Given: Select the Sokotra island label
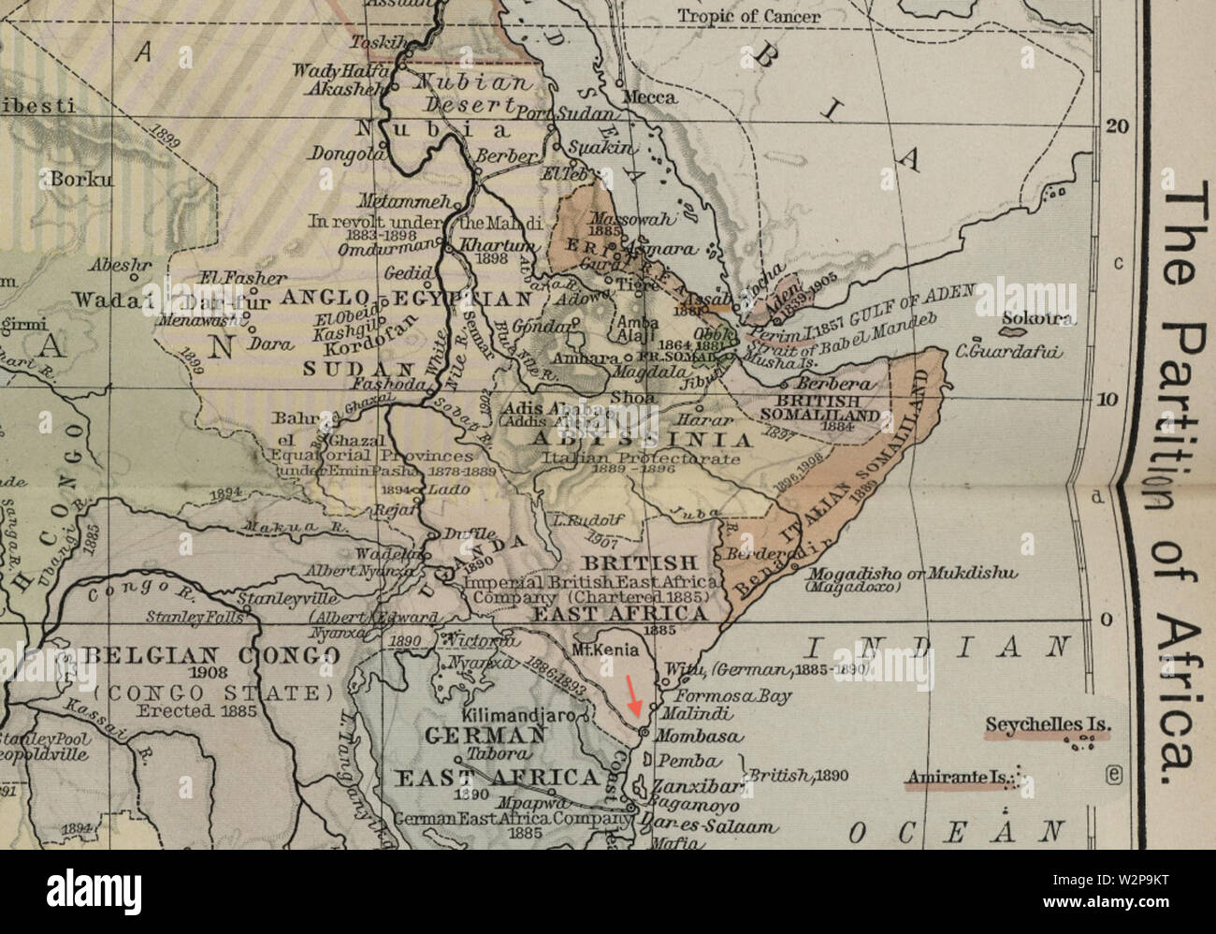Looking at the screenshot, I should click(x=1037, y=319).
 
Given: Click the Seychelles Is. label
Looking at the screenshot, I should click(x=1048, y=724).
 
